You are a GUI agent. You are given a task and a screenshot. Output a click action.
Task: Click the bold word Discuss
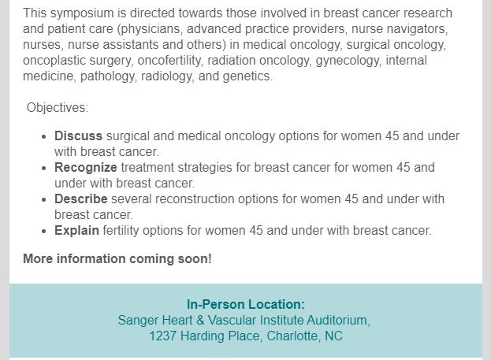pyautogui.click(x=78, y=135)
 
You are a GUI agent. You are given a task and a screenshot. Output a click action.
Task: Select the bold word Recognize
pyautogui.click(x=86, y=168)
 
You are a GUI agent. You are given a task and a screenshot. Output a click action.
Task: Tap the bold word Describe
pyautogui.click(x=81, y=199)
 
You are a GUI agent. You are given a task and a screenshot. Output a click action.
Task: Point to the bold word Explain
pyautogui.click(x=76, y=231)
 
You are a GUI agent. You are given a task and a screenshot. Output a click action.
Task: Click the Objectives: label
pyautogui.click(x=58, y=108)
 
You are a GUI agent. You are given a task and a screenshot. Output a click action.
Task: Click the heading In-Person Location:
pyautogui.click(x=246, y=304)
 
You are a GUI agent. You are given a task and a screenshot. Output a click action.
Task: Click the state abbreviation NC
pyautogui.click(x=333, y=336)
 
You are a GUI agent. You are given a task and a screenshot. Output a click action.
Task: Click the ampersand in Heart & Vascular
pyautogui.click(x=200, y=321)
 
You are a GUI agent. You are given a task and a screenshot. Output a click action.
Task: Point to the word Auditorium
pyautogui.click(x=337, y=321)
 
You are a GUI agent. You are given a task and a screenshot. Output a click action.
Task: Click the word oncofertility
pyautogui.click(x=169, y=61)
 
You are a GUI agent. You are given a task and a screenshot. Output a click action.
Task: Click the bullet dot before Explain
pyautogui.click(x=43, y=232)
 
